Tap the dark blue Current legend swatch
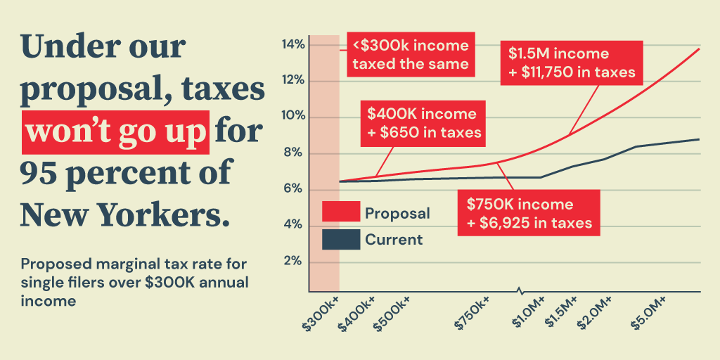(x=341, y=239)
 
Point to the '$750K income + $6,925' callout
(x=529, y=214)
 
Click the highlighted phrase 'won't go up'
(x=116, y=132)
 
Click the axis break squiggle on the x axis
(x=520, y=291)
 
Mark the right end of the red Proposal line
(x=699, y=49)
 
